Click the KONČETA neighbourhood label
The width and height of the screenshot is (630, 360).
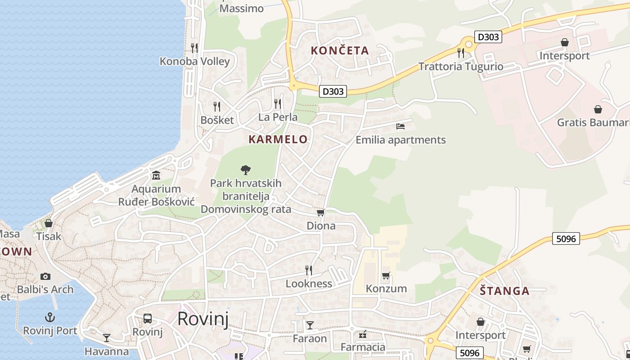[340, 50]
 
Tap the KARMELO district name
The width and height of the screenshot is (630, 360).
[278, 139]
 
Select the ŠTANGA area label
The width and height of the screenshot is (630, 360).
[504, 291]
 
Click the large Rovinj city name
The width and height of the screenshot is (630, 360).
[203, 319]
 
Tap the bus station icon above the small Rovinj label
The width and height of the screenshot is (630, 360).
[148, 319]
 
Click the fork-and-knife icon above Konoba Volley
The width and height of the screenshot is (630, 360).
[194, 48]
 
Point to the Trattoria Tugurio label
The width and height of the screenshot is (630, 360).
[461, 67]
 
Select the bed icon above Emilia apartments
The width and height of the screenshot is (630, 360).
[400, 126]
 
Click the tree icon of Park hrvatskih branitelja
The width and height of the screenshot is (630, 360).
[246, 170]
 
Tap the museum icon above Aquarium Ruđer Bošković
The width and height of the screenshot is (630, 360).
[156, 175]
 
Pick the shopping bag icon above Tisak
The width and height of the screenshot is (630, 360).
[49, 223]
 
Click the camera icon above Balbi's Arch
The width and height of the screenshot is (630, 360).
[45, 276]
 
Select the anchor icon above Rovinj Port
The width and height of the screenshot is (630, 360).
[50, 317]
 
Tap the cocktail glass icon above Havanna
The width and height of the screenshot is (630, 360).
[107, 337]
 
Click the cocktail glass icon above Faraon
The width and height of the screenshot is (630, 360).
[310, 325]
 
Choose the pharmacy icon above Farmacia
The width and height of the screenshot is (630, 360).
[363, 334]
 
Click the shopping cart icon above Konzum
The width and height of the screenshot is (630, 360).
[386, 275]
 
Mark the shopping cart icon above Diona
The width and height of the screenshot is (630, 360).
[321, 212]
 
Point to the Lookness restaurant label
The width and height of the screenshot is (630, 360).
[309, 283]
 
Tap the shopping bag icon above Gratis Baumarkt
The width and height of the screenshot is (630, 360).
[598, 109]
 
